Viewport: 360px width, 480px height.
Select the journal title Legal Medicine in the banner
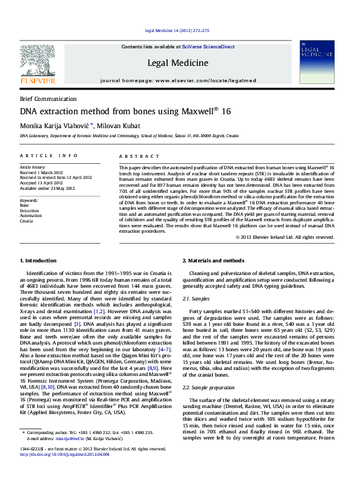coord(178,62)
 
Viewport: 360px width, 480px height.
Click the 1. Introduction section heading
coord(38,261)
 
